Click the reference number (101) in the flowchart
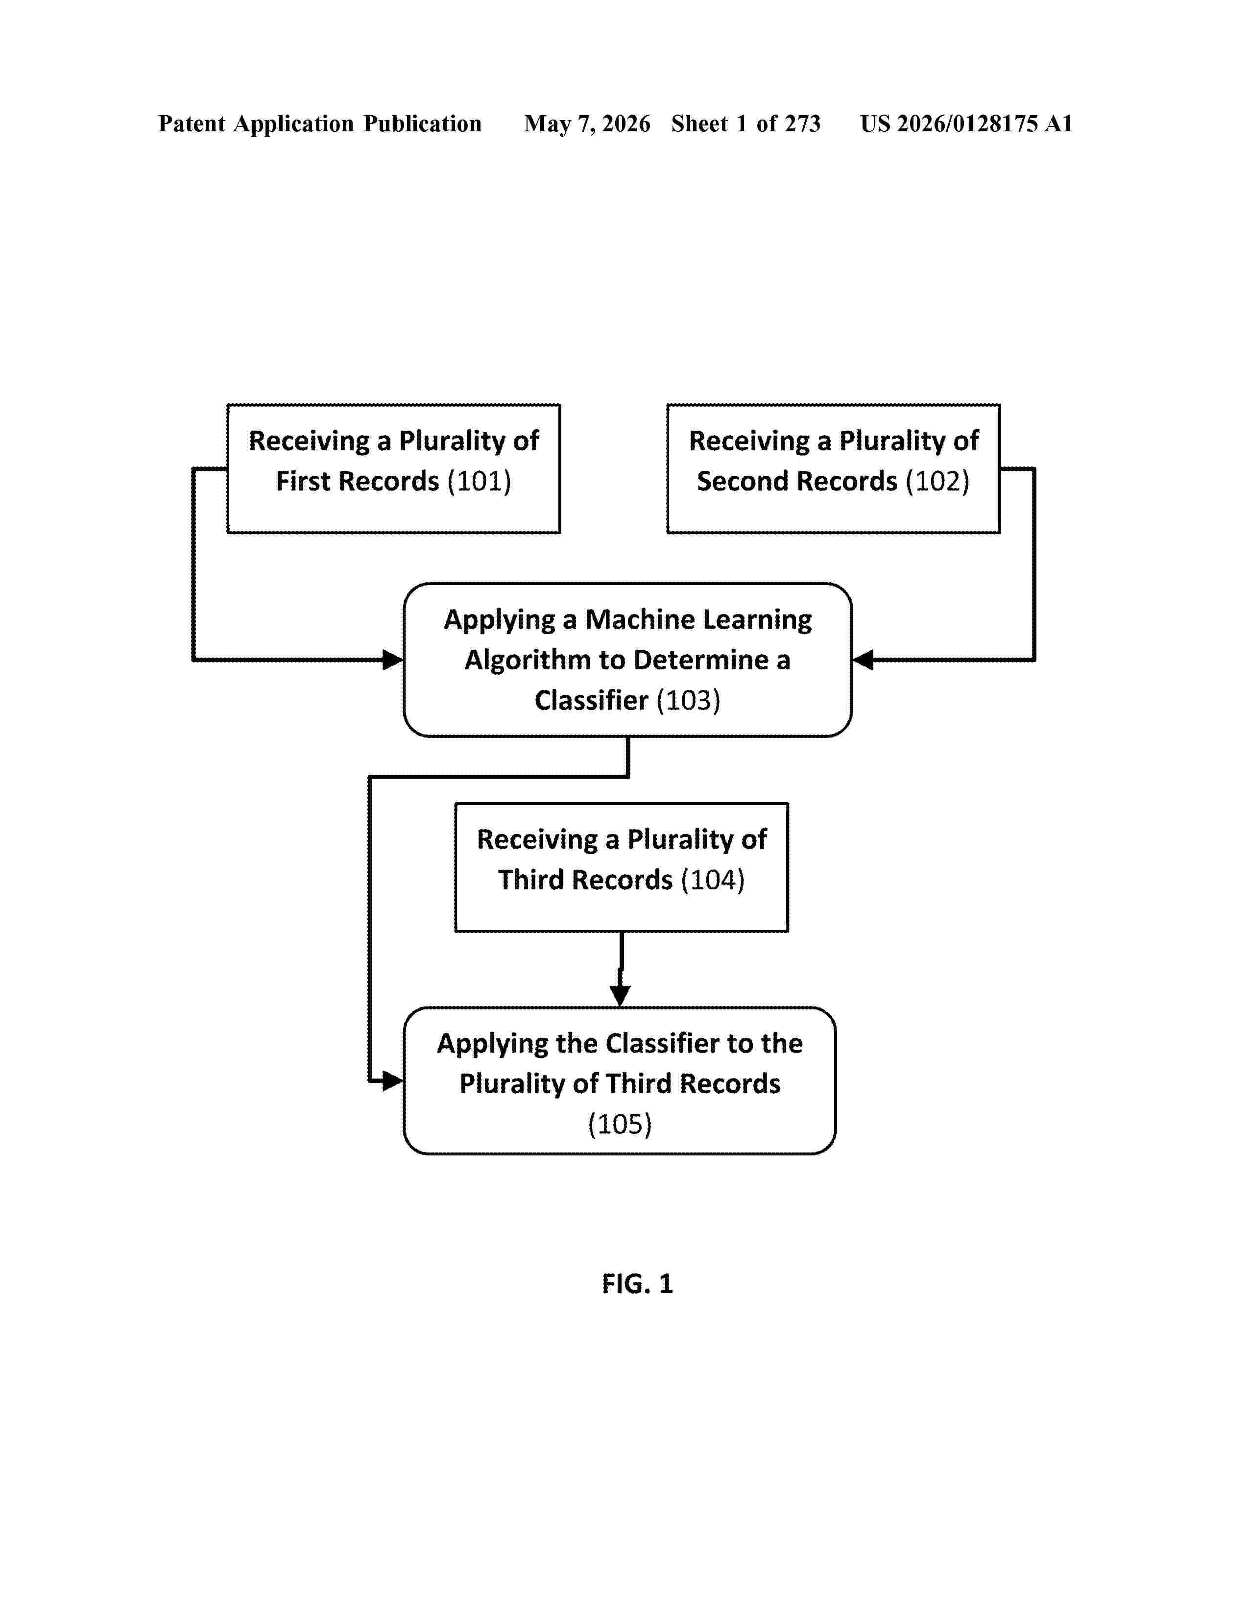pos(479,481)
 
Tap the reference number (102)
pos(937,481)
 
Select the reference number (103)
pos(688,700)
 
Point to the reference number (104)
pos(712,880)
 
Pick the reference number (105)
pos(620,1124)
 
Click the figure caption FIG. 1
pos(637,1284)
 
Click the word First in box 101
pos(303,481)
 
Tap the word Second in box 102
pos(742,481)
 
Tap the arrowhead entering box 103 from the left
pos(393,660)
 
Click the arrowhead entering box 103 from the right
pos(863,660)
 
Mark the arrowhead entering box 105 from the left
pos(393,1081)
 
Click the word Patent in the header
pos(191,123)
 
